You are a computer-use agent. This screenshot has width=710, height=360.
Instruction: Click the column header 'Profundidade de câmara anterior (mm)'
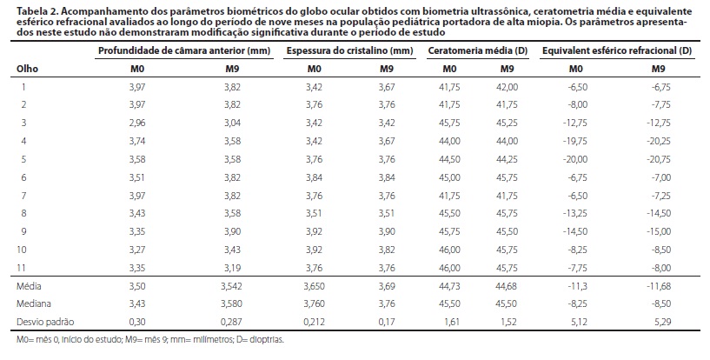184,50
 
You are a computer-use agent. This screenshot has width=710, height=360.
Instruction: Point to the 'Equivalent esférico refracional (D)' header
616,50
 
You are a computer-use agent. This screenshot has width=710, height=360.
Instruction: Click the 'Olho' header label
27,68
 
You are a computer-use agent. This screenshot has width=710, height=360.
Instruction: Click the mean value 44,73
449,284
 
